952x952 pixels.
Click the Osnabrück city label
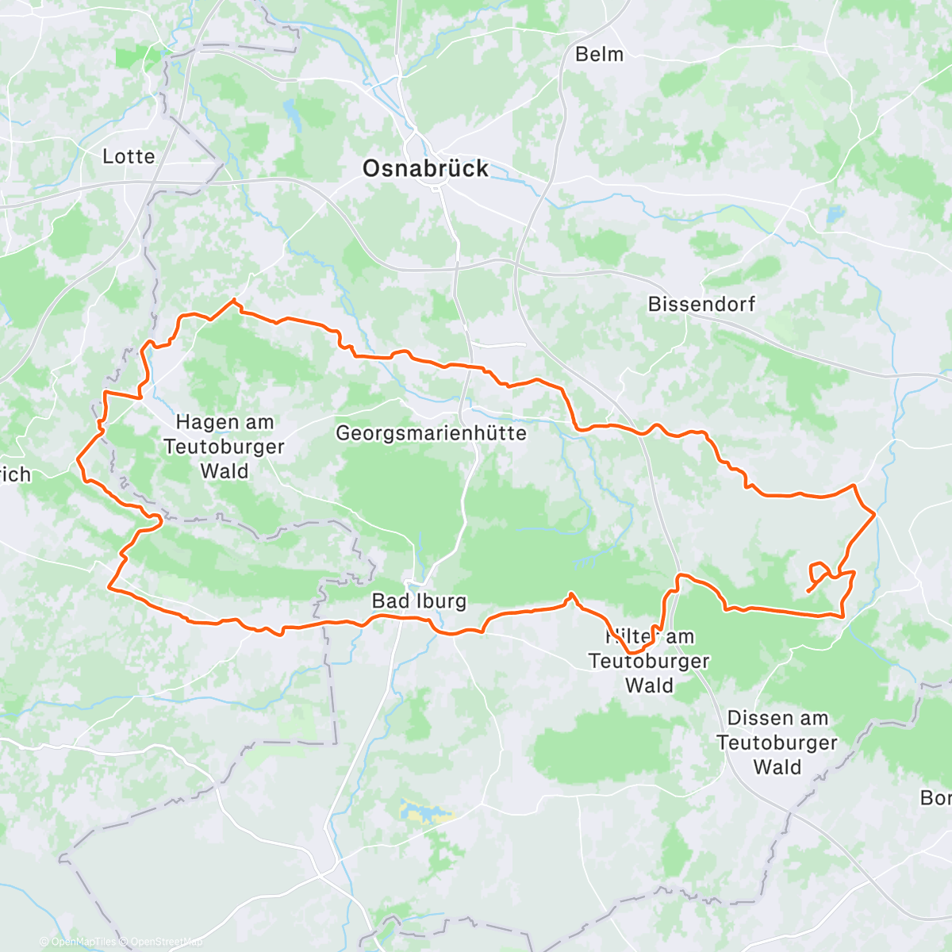[x=425, y=169]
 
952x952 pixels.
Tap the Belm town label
[x=599, y=55]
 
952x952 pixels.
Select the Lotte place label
[x=129, y=156]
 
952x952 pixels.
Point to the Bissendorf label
[x=701, y=304]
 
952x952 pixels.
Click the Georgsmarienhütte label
[x=431, y=433]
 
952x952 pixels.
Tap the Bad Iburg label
[x=419, y=601]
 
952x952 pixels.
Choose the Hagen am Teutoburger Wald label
[x=224, y=447]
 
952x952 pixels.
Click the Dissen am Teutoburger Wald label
[x=777, y=743]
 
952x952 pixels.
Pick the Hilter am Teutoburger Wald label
[x=649, y=661]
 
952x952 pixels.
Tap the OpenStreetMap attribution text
[x=166, y=942]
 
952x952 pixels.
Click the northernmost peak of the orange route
[x=234, y=300]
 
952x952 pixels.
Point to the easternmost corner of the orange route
[x=874, y=515]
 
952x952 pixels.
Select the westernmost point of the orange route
[x=78, y=459]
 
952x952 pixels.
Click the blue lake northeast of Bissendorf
[x=834, y=215]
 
